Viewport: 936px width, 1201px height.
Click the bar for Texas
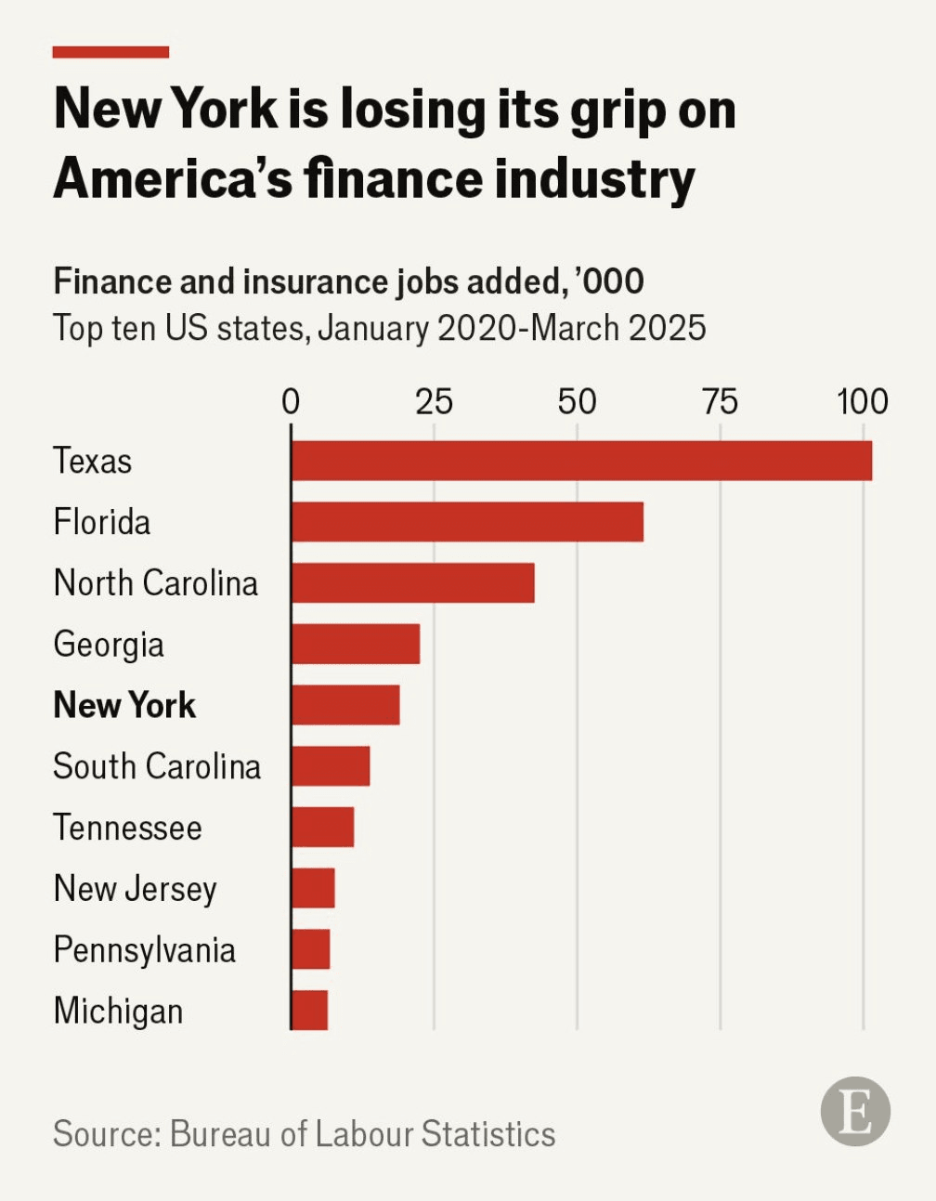point(581,461)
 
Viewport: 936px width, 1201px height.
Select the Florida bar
point(467,522)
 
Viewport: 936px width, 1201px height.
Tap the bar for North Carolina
point(412,582)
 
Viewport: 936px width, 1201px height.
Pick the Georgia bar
point(356,644)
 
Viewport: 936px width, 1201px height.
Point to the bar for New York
point(345,705)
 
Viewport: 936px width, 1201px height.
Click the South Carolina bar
point(331,766)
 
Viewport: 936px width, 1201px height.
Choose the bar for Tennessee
point(322,827)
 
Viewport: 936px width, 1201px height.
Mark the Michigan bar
point(309,1011)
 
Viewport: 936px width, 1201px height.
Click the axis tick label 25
point(434,402)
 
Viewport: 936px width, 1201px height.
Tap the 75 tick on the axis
point(720,402)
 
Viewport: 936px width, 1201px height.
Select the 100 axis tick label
point(863,402)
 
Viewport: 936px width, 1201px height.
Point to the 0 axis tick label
point(291,402)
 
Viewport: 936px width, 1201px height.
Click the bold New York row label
point(124,705)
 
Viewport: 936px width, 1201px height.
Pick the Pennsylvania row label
point(145,950)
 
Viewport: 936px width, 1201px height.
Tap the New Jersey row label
point(136,889)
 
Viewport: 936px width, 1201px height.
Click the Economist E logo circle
point(855,1111)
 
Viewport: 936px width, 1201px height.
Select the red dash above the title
point(110,52)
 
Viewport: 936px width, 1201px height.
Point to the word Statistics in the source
point(487,1134)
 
